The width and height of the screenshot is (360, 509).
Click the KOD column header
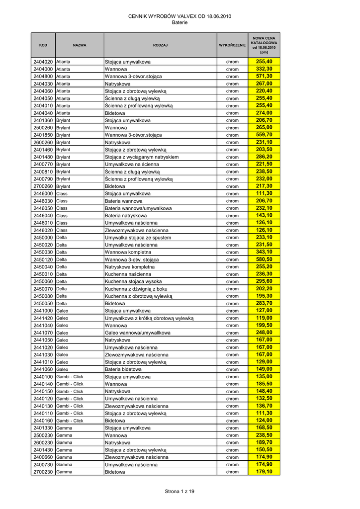point(43,45)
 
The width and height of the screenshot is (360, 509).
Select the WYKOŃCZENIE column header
point(232,45)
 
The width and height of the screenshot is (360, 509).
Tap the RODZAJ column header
point(160,45)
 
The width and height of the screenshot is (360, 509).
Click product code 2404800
point(43,77)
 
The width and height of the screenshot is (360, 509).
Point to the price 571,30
point(264,76)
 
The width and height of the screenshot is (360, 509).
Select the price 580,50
point(264,259)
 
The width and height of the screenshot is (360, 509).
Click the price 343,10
point(264,252)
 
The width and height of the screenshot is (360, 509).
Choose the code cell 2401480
point(43,157)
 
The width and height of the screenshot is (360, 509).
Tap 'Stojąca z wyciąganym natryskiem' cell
point(142,157)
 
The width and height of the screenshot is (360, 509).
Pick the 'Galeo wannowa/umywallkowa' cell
point(138,333)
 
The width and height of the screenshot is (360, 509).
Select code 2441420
point(43,318)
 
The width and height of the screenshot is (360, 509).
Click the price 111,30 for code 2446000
point(264,193)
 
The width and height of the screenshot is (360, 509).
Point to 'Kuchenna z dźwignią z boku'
point(136,289)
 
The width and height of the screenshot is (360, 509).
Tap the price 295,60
point(264,281)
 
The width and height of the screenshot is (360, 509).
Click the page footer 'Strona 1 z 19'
point(180,492)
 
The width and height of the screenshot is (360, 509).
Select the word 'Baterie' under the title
point(180,23)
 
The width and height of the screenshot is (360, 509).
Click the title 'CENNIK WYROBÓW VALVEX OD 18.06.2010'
point(180,16)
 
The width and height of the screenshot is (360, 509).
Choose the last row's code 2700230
point(43,472)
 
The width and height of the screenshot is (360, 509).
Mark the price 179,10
point(264,472)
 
